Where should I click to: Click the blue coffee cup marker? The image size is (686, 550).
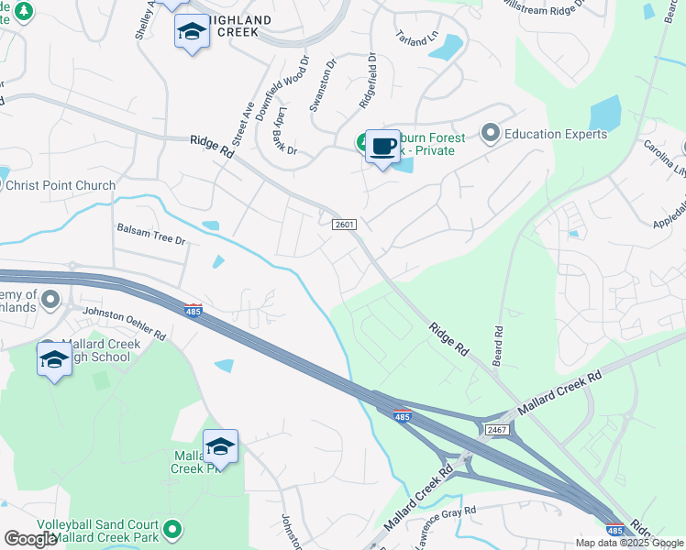tap(382, 147)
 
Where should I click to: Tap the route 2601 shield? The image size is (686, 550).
tap(344, 225)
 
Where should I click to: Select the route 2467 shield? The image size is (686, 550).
tap(497, 429)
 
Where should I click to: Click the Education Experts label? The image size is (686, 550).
tap(557, 134)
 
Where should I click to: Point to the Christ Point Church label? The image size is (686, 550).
tap(61, 185)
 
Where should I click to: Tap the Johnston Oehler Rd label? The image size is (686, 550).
tap(125, 323)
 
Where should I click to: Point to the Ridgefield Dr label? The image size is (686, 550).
tap(372, 81)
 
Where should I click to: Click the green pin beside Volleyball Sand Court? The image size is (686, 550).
tap(171, 529)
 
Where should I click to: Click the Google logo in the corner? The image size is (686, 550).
tap(31, 539)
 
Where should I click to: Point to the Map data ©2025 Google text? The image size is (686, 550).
tap(630, 543)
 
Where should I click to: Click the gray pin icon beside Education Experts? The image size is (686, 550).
tap(491, 134)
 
